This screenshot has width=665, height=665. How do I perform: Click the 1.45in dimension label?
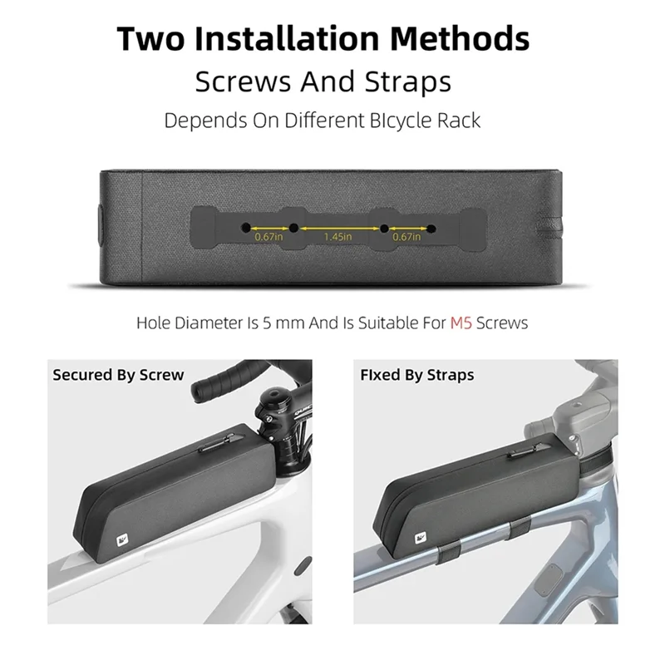pos(337,236)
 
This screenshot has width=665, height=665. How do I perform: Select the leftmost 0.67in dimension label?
pos(268,236)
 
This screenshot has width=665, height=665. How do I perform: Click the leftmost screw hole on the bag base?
pos(245,227)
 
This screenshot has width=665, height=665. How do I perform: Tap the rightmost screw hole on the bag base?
pos(431,227)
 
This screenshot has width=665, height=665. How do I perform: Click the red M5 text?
pos(462,323)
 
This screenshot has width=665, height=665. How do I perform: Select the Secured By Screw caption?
pos(118,374)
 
